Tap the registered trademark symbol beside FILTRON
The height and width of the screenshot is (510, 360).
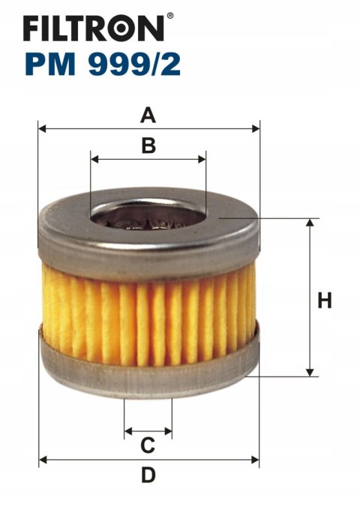point(169,16)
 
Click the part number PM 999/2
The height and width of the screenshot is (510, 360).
point(103,64)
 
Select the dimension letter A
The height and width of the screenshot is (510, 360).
point(148,115)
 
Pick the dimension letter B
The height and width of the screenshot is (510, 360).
point(148,146)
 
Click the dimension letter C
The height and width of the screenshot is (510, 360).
point(148,445)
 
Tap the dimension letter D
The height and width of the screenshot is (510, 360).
point(148,475)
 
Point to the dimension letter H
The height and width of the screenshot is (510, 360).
point(325,300)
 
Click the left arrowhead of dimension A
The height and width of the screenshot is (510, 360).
point(42,129)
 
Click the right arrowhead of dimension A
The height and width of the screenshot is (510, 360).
point(256,129)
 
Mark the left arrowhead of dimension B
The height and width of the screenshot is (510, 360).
point(94,159)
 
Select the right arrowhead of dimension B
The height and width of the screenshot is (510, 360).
point(202,159)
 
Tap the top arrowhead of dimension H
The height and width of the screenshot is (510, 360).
point(310,223)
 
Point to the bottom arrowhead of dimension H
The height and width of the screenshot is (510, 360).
point(310,373)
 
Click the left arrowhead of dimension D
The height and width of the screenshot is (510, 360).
point(43,460)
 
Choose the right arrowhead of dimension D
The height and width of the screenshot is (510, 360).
point(255,460)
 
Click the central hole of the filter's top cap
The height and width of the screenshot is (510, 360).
point(148,214)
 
